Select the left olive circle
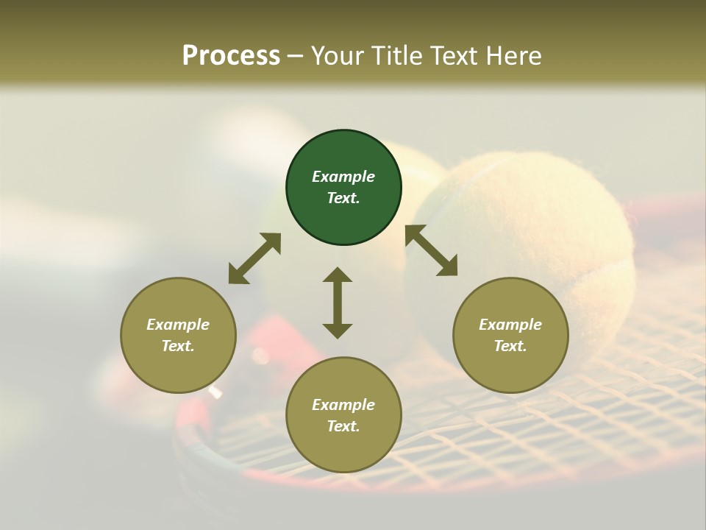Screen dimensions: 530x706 [178, 335]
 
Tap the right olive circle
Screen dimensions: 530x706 [510, 335]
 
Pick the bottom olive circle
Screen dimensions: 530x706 [343, 415]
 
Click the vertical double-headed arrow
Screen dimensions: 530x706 [338, 303]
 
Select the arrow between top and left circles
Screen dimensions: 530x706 [254, 258]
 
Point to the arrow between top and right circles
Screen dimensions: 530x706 [431, 250]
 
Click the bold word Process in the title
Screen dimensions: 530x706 [231, 55]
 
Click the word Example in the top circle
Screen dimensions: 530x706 [343, 177]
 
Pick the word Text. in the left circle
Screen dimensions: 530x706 [178, 346]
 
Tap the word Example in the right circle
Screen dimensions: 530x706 [510, 325]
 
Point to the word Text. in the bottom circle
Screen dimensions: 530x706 [343, 426]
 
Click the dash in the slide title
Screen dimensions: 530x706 [296, 56]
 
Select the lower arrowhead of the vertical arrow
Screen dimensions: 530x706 [338, 331]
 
